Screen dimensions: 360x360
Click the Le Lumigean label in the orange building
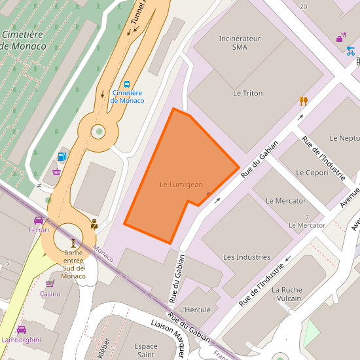181,185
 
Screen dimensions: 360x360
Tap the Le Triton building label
247,94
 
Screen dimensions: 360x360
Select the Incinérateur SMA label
240,43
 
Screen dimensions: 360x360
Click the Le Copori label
312,173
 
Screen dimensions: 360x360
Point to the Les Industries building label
247,257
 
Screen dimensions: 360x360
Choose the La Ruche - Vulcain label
286,294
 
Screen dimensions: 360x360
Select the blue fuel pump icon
62,156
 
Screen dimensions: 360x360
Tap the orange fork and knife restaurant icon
303,101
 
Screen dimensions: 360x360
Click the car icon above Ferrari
39,220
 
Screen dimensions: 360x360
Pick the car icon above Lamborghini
21,330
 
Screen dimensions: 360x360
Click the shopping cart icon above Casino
50,283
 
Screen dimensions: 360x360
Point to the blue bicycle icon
351,50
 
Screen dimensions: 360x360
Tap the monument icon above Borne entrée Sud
73,243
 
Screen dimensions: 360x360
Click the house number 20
302,7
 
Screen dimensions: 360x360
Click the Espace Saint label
145,350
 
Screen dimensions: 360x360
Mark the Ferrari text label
39,230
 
